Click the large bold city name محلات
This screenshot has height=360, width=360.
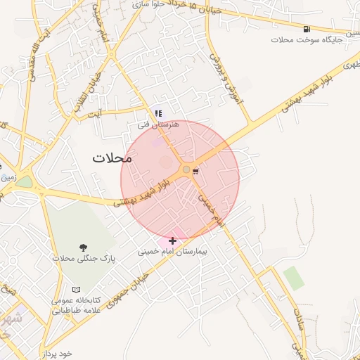pyautogui.click(x=112, y=158)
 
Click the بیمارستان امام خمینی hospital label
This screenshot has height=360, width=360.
pyautogui.click(x=173, y=250)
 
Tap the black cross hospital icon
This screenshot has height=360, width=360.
pyautogui.click(x=172, y=240)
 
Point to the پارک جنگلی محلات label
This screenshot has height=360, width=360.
pyautogui.click(x=83, y=258)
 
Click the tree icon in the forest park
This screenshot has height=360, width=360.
pyautogui.click(x=84, y=247)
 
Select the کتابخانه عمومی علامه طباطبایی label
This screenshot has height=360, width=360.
pyautogui.click(x=76, y=304)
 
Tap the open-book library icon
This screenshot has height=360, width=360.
pyautogui.click(x=76, y=290)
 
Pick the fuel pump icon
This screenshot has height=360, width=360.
pyautogui.click(x=307, y=29)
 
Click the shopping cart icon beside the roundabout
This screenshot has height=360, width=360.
pyautogui.click(x=195, y=169)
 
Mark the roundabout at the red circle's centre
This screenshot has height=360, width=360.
pyautogui.click(x=186, y=169)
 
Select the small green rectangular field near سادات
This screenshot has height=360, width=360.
pyautogui.click(x=294, y=278)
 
